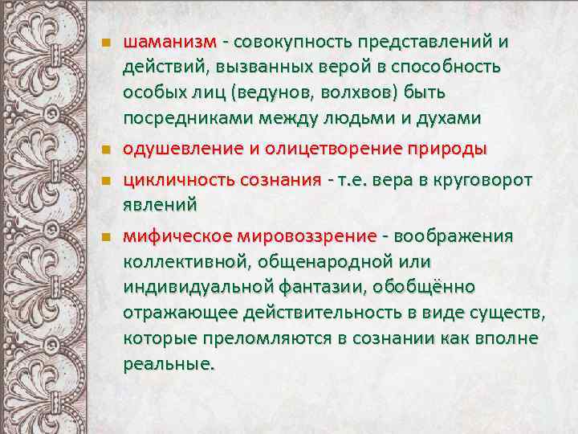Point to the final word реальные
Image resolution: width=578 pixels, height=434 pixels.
pos(169,362)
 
